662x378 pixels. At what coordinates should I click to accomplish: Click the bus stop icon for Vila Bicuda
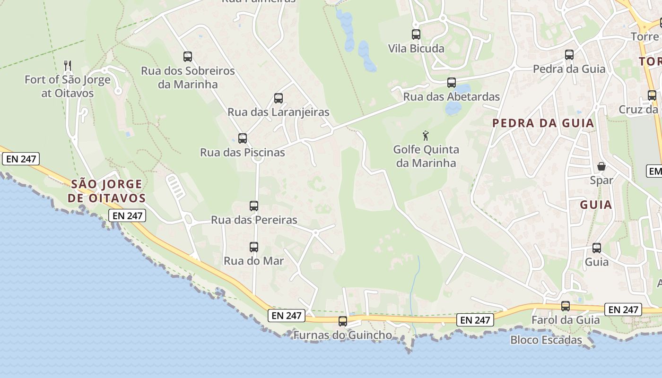(416, 34)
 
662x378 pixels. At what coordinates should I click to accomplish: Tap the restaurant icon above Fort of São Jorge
(68, 65)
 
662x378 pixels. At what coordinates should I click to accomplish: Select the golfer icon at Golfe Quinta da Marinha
(426, 136)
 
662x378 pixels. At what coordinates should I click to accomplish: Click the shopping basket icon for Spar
(601, 166)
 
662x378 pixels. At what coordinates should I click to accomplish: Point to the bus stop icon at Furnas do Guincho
(343, 321)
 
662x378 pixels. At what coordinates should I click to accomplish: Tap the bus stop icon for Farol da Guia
(566, 306)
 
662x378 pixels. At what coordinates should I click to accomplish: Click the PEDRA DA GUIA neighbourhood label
(543, 123)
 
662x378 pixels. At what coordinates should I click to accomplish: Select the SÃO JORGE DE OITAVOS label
(106, 191)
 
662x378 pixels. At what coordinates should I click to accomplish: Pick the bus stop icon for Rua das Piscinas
(243, 138)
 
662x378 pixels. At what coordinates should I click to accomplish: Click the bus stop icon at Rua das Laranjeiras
(279, 98)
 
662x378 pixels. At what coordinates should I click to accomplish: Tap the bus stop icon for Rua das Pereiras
(254, 206)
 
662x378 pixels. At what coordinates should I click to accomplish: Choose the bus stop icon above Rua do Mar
(254, 247)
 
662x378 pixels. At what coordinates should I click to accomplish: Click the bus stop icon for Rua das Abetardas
(452, 83)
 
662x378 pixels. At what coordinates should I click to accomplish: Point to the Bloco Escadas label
(546, 340)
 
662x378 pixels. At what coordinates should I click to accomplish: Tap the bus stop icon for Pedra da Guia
(569, 55)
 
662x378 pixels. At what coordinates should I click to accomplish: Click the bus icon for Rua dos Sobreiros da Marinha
(188, 57)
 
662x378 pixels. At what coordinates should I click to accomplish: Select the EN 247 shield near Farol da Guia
(623, 309)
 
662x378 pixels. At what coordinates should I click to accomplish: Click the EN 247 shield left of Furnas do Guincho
(287, 316)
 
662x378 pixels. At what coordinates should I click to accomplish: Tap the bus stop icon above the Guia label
(597, 248)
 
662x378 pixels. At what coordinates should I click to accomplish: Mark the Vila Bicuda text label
(416, 49)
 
